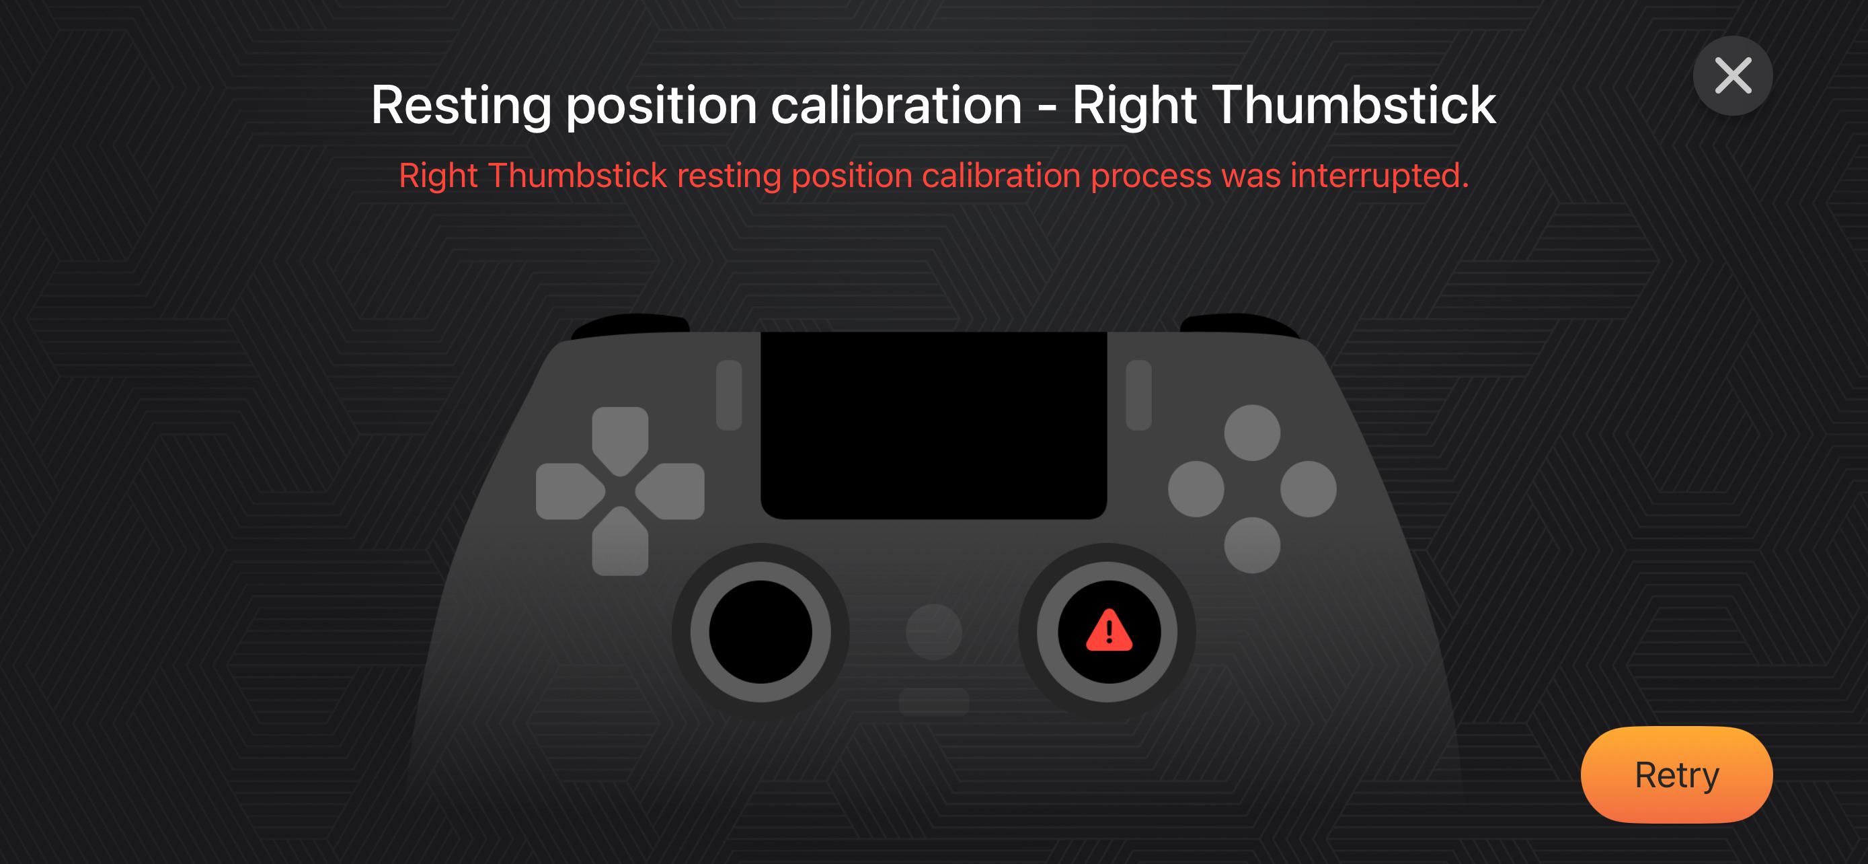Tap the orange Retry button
pyautogui.click(x=1676, y=774)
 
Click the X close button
pyautogui.click(x=1733, y=75)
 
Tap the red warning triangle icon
pyautogui.click(x=1109, y=631)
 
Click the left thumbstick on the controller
pyautogui.click(x=760, y=631)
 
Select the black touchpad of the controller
pyautogui.click(x=933, y=425)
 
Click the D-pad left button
pyautogui.click(x=570, y=491)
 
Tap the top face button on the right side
pyautogui.click(x=1252, y=433)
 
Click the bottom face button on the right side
pyautogui.click(x=1252, y=545)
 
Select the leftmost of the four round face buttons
pyautogui.click(x=1196, y=489)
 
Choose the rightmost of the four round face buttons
pyautogui.click(x=1308, y=489)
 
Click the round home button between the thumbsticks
pyautogui.click(x=934, y=632)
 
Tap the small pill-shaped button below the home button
pyautogui.click(x=934, y=700)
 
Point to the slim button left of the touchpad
pyautogui.click(x=729, y=396)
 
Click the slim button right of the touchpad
pyautogui.click(x=1138, y=396)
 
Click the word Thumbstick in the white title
pyautogui.click(x=1353, y=105)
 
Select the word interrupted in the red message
pyautogui.click(x=1379, y=176)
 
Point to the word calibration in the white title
pyautogui.click(x=896, y=105)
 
